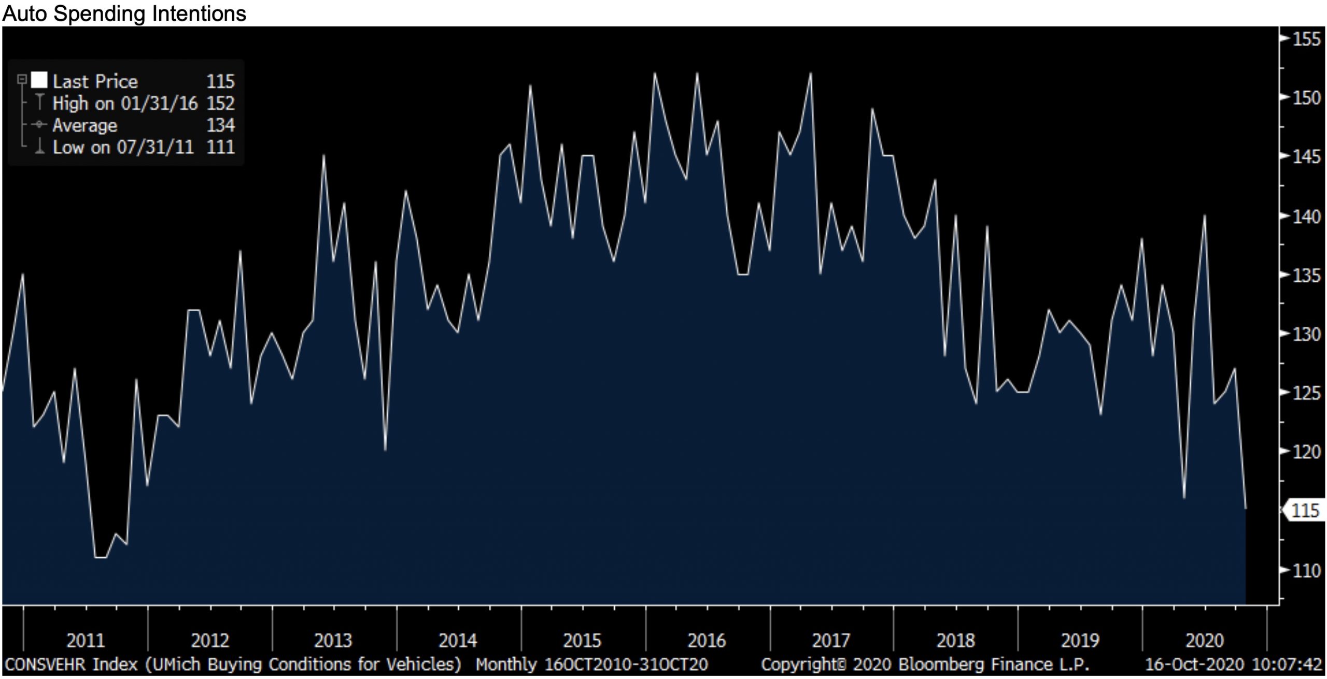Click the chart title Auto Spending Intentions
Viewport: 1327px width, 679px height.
pyautogui.click(x=124, y=13)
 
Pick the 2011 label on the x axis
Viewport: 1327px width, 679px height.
pyautogui.click(x=86, y=641)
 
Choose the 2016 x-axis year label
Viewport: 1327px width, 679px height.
pyautogui.click(x=707, y=641)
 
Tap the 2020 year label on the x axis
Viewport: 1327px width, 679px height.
pyautogui.click(x=1205, y=641)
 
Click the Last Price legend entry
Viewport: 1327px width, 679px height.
pyautogui.click(x=95, y=81)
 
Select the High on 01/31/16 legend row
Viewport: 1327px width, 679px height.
pyautogui.click(x=125, y=104)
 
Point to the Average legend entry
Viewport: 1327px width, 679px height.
pyautogui.click(x=85, y=125)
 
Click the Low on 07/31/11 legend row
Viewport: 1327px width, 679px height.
pyautogui.click(x=123, y=147)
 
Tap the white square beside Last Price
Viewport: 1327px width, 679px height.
pyautogui.click(x=39, y=81)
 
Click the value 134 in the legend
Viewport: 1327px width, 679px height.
pyautogui.click(x=220, y=125)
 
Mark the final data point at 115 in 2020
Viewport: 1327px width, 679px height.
pyautogui.click(x=1245, y=509)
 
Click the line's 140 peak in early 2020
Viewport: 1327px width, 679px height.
pyautogui.click(x=1204, y=215)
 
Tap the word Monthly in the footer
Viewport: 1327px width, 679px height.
pyautogui.click(x=506, y=664)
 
